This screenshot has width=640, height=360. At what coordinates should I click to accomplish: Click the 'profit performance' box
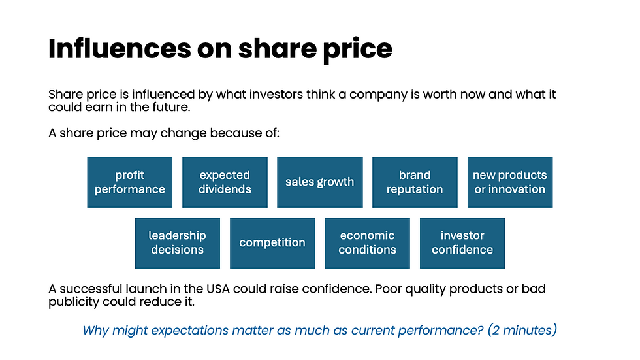coord(130,182)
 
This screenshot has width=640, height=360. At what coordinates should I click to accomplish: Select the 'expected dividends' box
coord(225,182)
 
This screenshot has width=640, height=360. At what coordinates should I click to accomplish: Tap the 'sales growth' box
coord(320,182)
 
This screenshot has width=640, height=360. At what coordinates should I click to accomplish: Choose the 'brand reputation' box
coord(415,182)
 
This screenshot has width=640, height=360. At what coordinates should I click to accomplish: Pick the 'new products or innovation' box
coord(510,182)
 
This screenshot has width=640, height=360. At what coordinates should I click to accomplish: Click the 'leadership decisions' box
coord(177,243)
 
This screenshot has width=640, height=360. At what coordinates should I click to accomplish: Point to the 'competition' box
coord(272,243)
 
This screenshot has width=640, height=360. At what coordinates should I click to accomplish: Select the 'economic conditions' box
coord(367,243)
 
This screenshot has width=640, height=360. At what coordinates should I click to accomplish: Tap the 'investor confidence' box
coord(462,243)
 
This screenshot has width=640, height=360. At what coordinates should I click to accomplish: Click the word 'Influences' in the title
coord(120,48)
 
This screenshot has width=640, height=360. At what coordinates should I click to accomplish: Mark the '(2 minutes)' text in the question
coord(522,330)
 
